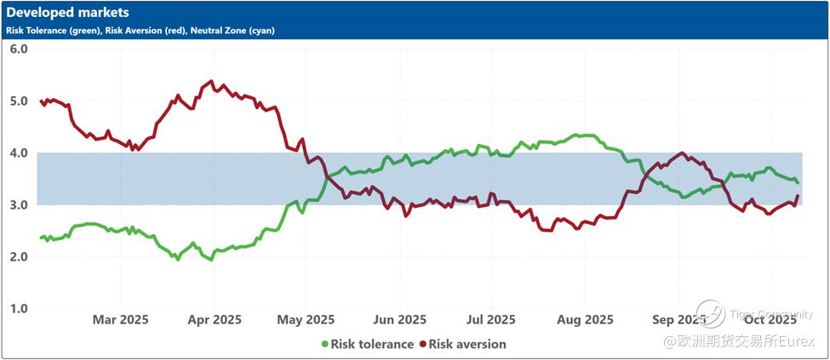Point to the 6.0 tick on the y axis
point(19,49)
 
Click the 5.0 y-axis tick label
point(19,101)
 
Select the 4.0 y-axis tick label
point(19,153)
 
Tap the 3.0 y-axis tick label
point(19,205)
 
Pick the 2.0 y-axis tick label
point(19,257)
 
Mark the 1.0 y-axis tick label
point(19,309)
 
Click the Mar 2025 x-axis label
point(120,320)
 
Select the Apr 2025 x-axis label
point(214,320)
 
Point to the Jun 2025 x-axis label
point(399,320)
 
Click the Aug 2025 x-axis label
point(586,320)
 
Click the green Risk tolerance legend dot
point(324,345)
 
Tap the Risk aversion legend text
point(467,345)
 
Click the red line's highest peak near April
point(210,82)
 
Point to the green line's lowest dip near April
point(211,259)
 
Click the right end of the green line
point(797,182)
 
